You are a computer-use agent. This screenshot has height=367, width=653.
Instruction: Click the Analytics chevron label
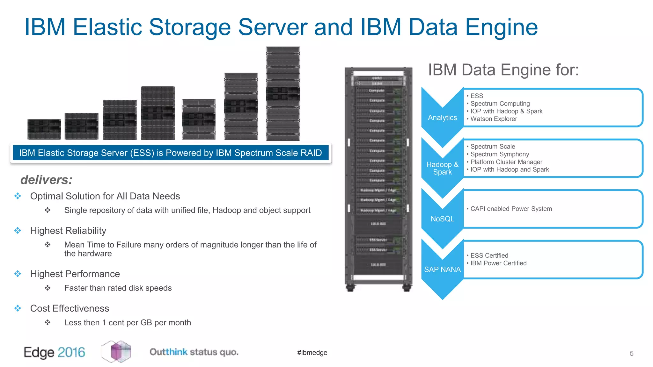(442, 118)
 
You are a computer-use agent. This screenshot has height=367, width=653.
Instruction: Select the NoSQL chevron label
(442, 219)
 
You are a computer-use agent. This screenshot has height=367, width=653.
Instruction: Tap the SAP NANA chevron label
(442, 270)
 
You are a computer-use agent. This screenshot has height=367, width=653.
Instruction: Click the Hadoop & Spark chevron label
(442, 168)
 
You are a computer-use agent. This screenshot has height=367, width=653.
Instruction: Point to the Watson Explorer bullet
(494, 119)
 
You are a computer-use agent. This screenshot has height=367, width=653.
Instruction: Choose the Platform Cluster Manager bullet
(506, 162)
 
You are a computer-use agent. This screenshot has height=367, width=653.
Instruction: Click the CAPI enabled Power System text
(511, 209)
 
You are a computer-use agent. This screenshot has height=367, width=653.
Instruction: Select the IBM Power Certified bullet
(498, 263)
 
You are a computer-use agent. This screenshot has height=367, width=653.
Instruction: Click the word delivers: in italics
(47, 180)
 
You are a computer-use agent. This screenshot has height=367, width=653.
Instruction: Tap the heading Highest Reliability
(68, 231)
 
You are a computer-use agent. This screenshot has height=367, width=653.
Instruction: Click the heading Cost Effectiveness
(70, 308)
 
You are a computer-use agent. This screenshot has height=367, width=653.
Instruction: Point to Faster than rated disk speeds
(118, 288)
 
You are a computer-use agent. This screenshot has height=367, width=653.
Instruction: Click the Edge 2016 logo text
(55, 352)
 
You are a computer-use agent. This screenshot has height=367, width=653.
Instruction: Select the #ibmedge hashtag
(312, 353)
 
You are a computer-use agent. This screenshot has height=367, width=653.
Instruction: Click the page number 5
(631, 353)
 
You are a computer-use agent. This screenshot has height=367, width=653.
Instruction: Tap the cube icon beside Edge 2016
(117, 351)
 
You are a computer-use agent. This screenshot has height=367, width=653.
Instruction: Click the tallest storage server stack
(283, 94)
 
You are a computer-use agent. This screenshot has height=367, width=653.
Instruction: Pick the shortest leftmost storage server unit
(44, 129)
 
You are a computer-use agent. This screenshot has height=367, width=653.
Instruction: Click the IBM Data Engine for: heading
(503, 70)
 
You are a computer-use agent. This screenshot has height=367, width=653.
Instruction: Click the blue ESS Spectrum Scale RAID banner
(171, 153)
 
